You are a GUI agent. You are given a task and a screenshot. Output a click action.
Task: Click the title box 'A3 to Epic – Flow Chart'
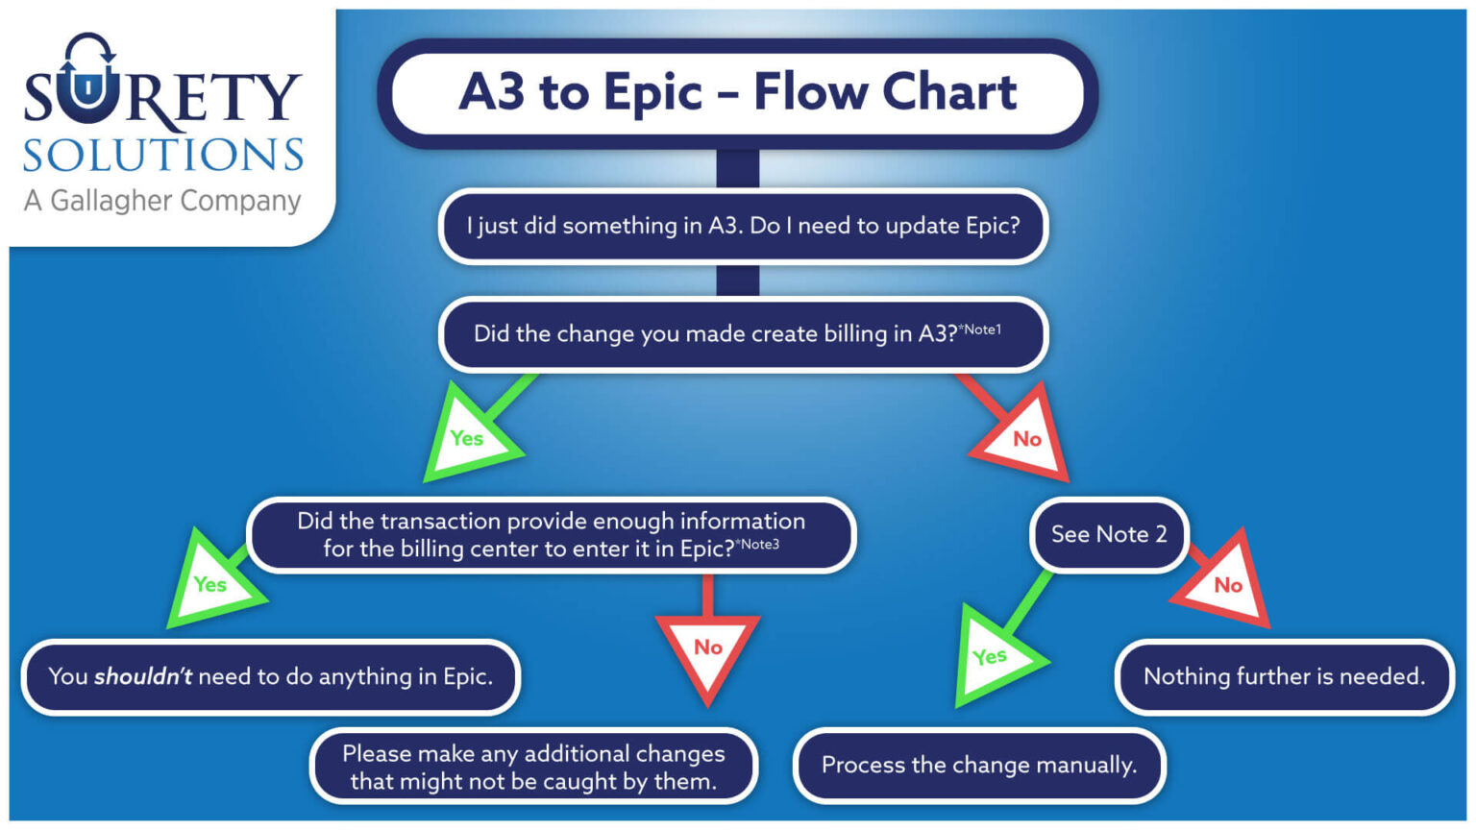(737, 93)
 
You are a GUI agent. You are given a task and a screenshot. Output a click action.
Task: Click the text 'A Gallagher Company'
(162, 201)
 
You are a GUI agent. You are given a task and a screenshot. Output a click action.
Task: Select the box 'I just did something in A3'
(743, 226)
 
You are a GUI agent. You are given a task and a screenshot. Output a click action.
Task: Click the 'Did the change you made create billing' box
(743, 334)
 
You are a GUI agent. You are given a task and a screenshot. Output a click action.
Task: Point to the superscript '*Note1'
(980, 330)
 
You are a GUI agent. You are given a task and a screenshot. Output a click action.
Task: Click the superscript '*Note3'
(757, 545)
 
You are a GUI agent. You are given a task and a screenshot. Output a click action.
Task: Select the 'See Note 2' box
(1109, 534)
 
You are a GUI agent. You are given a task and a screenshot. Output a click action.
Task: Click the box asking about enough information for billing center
(551, 535)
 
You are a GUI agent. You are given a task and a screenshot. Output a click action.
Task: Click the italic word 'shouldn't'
(143, 677)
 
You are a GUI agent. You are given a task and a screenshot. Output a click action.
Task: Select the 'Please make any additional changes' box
(533, 767)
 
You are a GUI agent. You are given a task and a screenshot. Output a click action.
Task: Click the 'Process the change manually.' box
(978, 766)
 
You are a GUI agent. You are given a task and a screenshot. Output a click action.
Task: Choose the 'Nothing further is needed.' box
(1284, 677)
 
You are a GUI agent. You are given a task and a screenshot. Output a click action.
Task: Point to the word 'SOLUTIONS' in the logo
(163, 156)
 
